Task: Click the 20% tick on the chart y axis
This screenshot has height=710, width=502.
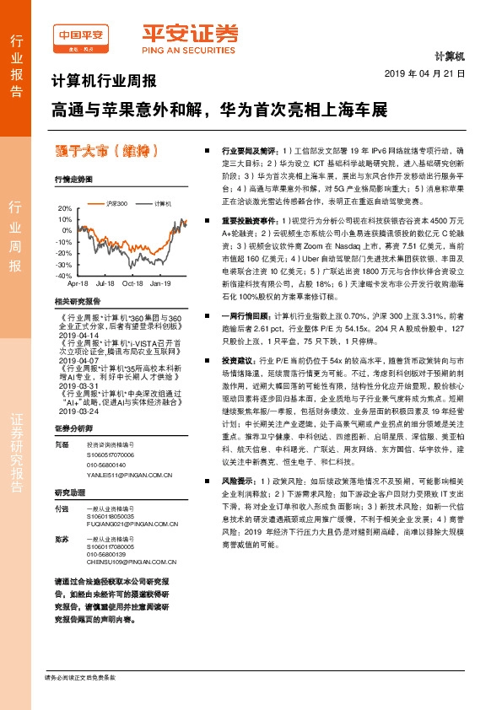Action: (x=65, y=207)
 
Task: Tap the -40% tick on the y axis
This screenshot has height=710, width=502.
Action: (x=64, y=276)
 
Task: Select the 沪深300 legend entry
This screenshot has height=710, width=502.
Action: (x=113, y=204)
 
